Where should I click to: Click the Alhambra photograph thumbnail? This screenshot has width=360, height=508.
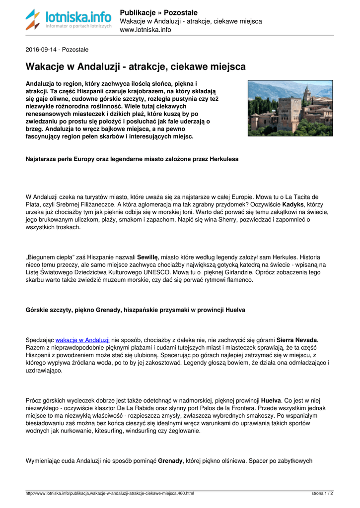coord(290,108)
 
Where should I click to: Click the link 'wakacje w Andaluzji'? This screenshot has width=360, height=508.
coord(82,340)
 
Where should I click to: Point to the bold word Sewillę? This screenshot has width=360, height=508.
coord(147,257)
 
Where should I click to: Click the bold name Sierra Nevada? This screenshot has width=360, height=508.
coord(296,340)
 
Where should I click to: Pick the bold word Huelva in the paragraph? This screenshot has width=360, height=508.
coord(271,400)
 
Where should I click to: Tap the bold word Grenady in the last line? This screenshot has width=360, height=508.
coord(170,461)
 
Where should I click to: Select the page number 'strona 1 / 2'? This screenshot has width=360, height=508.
coord(322,494)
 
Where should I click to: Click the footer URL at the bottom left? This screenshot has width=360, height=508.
coord(109,494)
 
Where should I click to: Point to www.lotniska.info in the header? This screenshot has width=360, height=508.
coord(145,30)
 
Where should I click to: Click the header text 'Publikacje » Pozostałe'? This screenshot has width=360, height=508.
coord(158,12)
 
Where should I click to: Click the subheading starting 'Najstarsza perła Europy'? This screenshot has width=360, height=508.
coord(132,159)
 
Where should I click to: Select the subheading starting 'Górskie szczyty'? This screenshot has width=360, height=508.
coord(135,310)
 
